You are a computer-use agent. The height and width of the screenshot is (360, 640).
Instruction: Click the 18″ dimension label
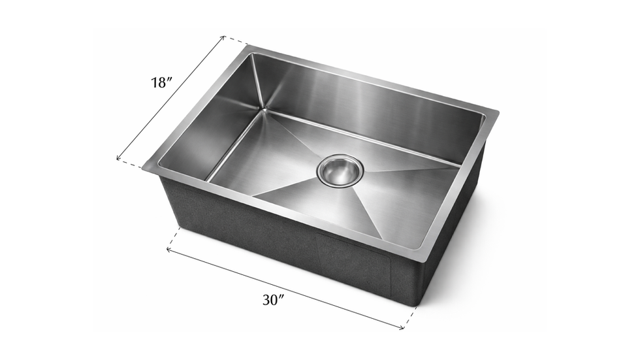161,83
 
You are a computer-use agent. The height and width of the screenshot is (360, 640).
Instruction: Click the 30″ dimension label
274,301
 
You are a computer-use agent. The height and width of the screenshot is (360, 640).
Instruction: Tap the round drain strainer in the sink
340,169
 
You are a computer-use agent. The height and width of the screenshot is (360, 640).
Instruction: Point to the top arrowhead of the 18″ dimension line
223,37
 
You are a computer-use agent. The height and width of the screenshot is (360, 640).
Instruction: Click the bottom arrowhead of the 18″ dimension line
118,158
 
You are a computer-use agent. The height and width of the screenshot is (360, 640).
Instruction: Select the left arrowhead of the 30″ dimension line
168,248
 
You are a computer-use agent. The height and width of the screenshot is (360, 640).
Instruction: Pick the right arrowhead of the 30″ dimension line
403,327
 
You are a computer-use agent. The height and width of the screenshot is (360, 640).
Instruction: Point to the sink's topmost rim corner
247,46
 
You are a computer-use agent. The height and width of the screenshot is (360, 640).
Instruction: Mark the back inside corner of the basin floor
264,110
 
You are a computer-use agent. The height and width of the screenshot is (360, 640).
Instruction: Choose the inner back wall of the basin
366,105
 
